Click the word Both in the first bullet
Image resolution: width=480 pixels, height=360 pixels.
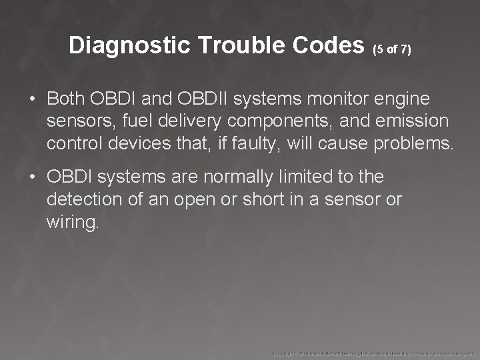point(67,99)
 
